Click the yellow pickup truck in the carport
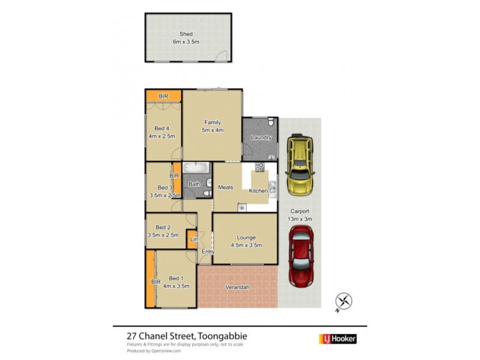click(299, 166)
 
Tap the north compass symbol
click(343, 301)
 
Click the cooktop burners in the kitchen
click(260, 167)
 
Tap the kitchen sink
click(272, 187)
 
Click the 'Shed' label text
click(187, 34)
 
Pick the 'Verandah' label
click(238, 287)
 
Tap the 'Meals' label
click(225, 187)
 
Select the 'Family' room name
click(212, 122)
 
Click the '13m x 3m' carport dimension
click(301, 219)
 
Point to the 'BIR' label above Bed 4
click(163, 96)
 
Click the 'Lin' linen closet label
click(193, 240)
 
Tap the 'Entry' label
click(208, 251)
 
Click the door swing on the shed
click(222, 55)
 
